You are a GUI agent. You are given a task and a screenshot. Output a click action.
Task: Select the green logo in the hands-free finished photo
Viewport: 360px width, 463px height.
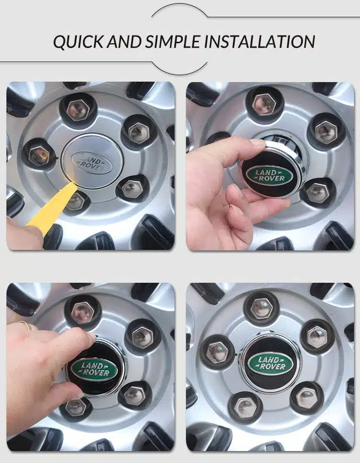click(270, 364)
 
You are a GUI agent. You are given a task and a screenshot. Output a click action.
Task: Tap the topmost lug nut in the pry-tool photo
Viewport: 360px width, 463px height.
click(78, 110)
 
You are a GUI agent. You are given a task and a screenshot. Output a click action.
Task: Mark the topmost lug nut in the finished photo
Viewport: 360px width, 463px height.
click(263, 308)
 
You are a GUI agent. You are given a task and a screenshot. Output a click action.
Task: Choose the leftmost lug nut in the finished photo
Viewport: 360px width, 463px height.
click(216, 352)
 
